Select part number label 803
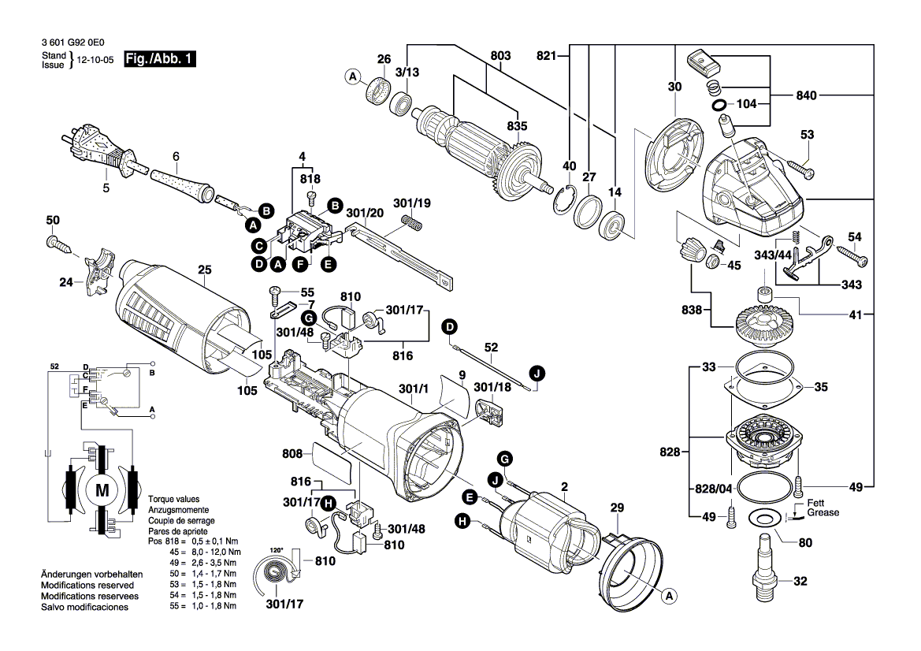click(500, 56)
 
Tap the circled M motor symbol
click(102, 490)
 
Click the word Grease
click(823, 513)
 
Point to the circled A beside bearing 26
click(352, 76)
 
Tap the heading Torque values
click(173, 500)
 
